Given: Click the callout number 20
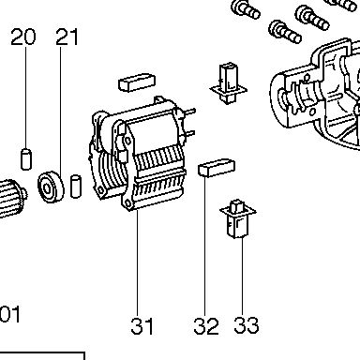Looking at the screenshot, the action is click(x=23, y=37).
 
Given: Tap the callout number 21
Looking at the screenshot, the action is click(x=67, y=37).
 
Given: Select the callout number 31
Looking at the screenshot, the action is click(x=142, y=326).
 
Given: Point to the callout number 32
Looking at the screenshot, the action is click(x=206, y=326).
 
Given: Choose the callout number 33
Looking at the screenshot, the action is click(x=247, y=325).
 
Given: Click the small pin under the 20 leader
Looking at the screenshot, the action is click(x=26, y=159).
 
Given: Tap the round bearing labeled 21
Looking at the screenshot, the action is click(x=51, y=187).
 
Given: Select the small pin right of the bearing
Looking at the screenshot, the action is click(x=76, y=187).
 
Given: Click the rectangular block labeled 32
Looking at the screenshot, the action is click(x=217, y=168).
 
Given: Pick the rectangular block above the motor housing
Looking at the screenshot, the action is click(x=137, y=82).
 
